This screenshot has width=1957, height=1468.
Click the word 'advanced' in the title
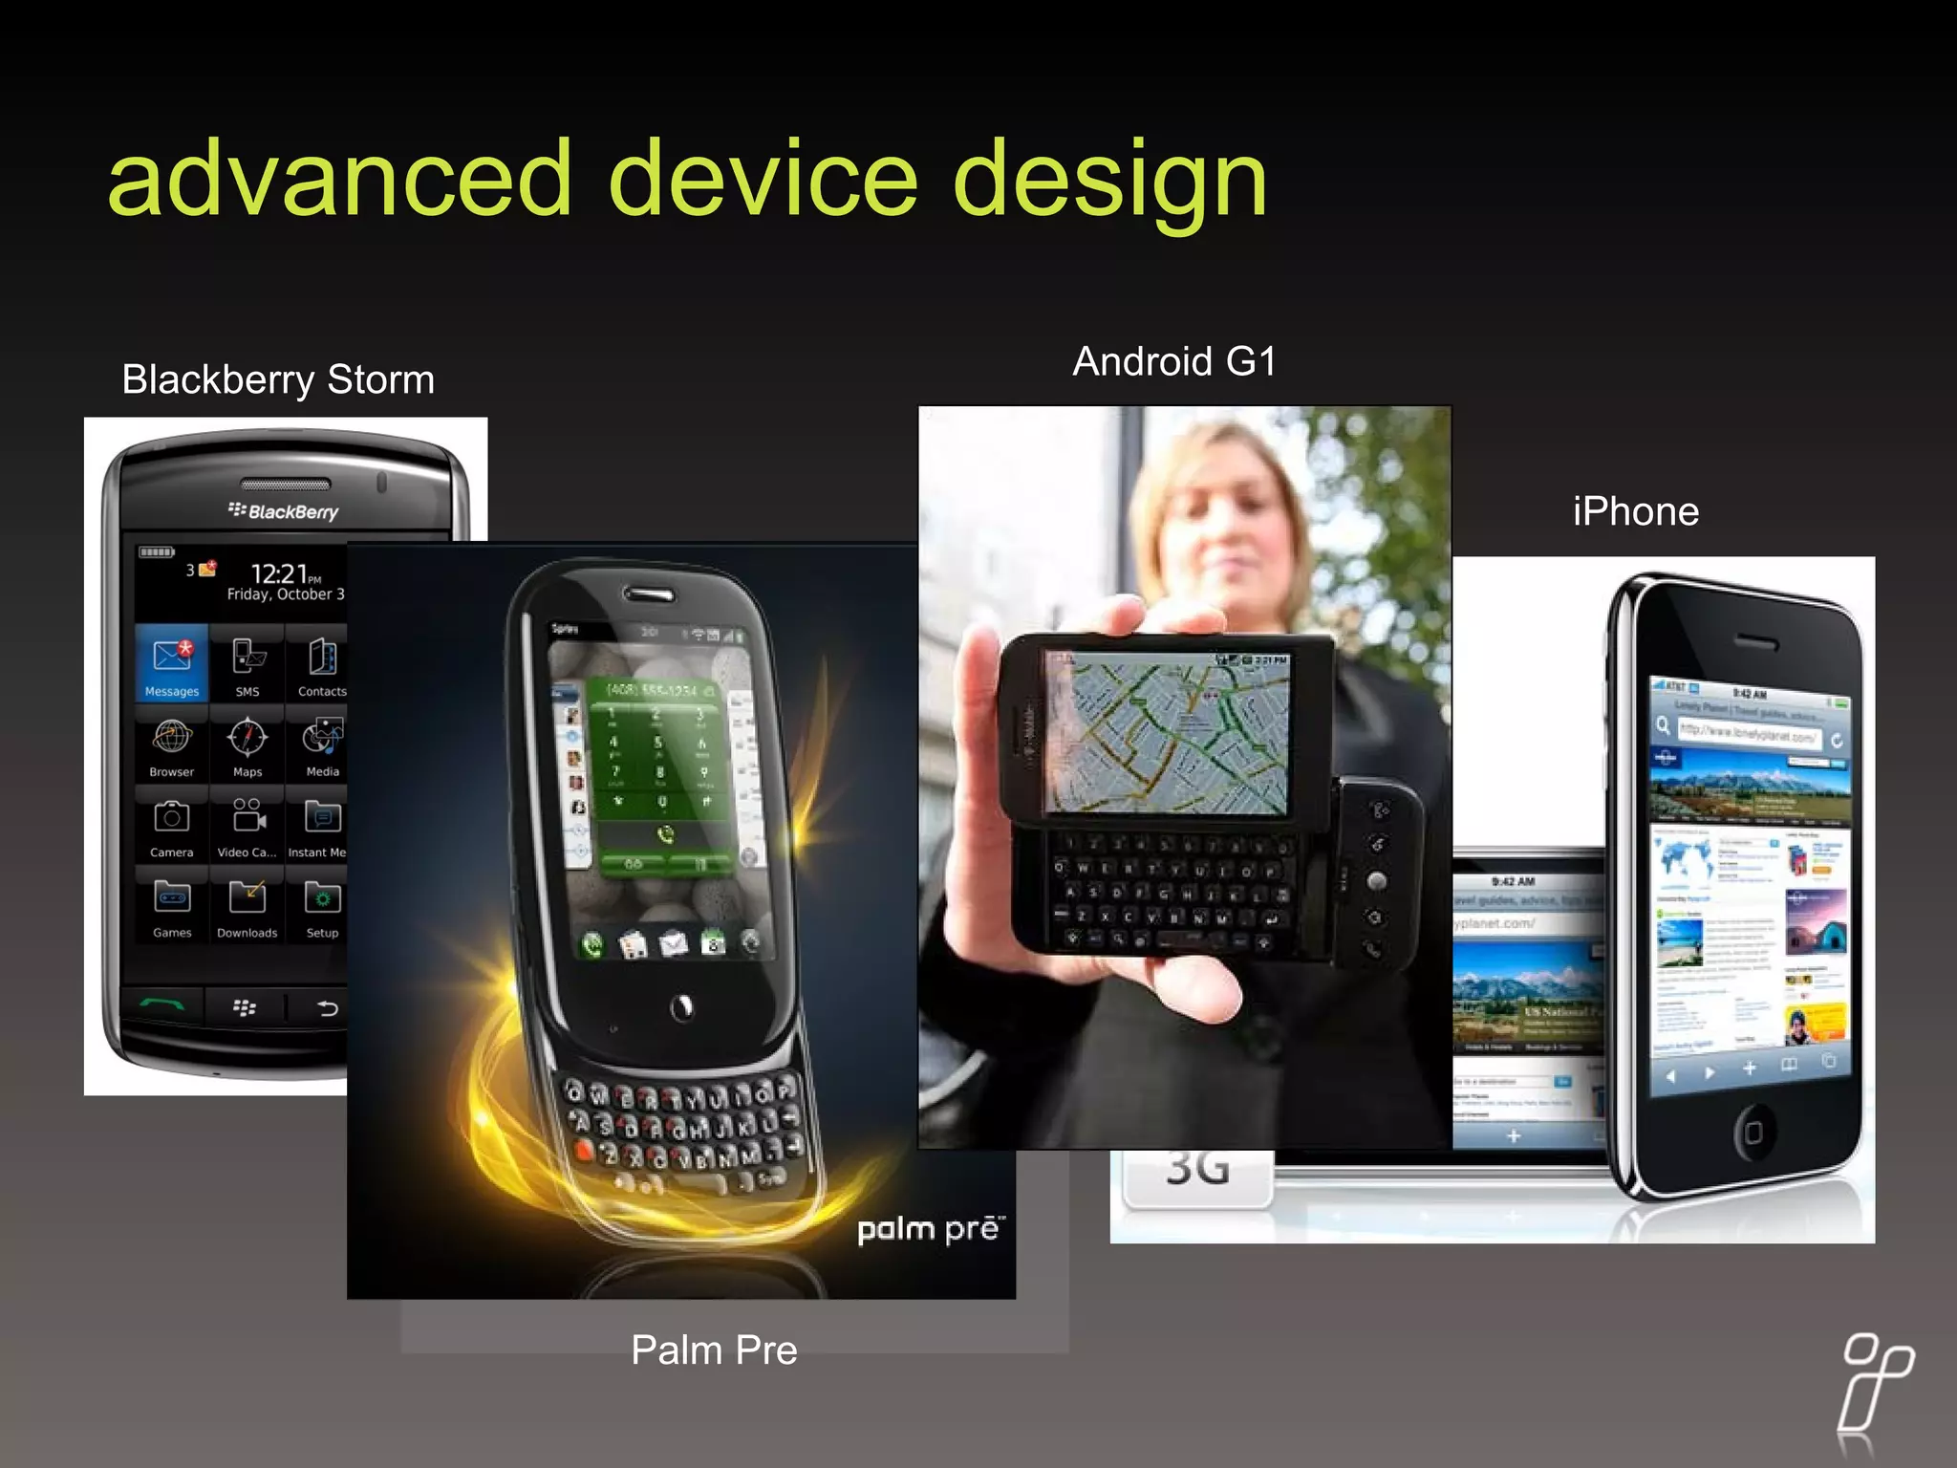(339, 179)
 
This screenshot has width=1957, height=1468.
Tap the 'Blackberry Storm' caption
(278, 379)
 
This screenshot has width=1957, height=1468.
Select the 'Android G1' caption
(1173, 362)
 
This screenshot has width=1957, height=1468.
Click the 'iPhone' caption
(1635, 512)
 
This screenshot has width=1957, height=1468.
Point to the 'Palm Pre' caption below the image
(714, 1350)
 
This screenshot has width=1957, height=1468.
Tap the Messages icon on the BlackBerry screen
(172, 661)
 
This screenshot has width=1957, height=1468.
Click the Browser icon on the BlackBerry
(172, 744)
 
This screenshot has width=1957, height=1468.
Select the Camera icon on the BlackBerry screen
(172, 824)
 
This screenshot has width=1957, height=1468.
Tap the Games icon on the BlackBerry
(172, 904)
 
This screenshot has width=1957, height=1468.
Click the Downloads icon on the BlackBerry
(247, 904)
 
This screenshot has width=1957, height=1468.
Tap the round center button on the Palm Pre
(682, 1006)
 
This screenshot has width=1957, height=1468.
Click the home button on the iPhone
(1753, 1133)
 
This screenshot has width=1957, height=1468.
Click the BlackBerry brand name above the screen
(284, 511)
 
